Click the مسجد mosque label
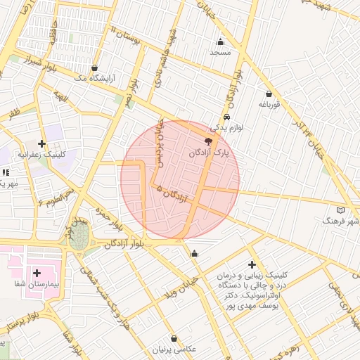[x=219, y=52]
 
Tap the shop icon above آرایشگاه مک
[x=94, y=68]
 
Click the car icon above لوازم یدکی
[x=226, y=117]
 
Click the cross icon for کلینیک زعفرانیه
[x=43, y=143]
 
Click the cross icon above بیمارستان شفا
[x=37, y=272]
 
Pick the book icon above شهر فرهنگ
[x=341, y=210]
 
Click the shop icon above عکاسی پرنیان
[x=174, y=338]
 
